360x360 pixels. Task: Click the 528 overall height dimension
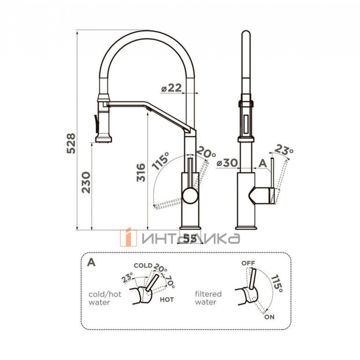[x=71, y=143]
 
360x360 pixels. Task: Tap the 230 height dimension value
[x=86, y=182]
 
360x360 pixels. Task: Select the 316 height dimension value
[x=141, y=172]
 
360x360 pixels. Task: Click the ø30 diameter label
[x=227, y=163]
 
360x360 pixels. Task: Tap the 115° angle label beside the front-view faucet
[x=160, y=161]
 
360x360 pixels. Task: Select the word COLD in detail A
[x=143, y=265]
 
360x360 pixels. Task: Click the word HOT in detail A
[x=167, y=300]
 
